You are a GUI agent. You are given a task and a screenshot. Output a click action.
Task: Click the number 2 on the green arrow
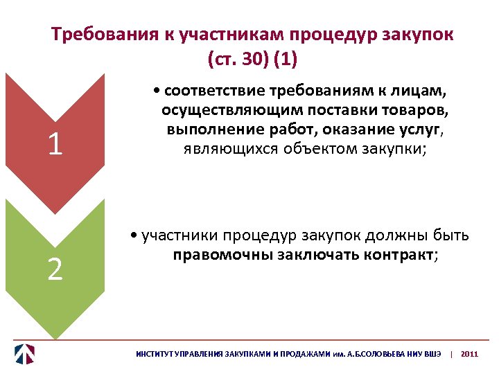[55, 269]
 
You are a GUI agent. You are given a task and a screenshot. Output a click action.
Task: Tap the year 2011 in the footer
[469, 353]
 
